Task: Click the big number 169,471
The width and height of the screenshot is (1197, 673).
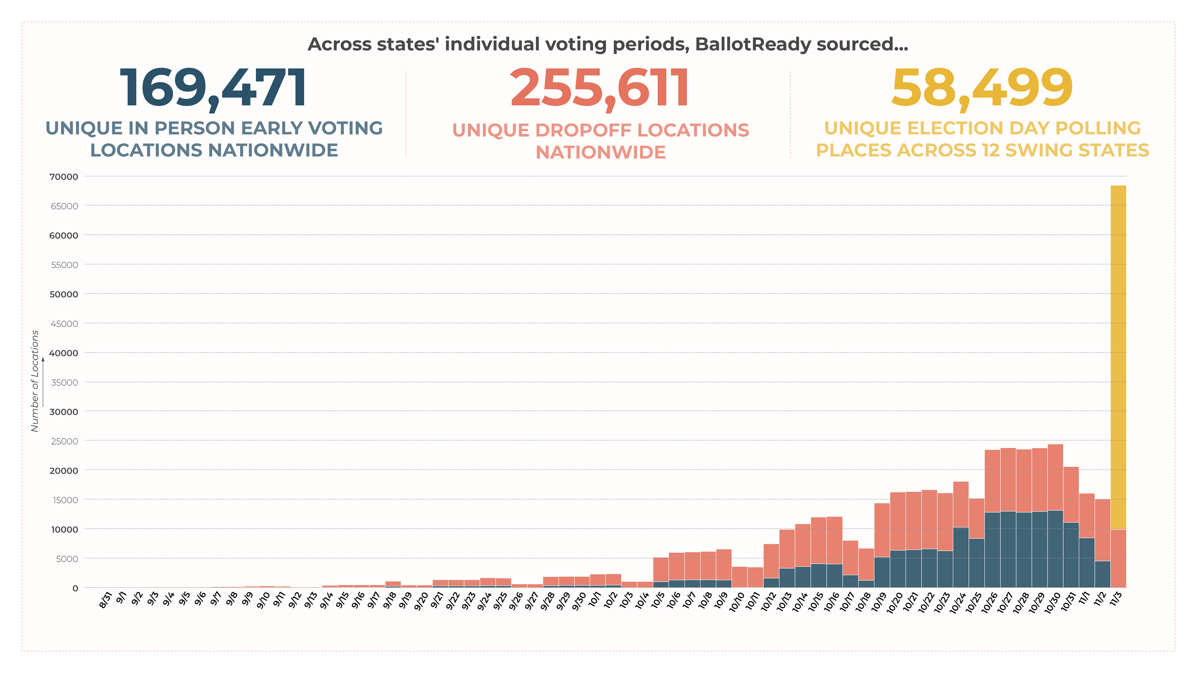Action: click(213, 88)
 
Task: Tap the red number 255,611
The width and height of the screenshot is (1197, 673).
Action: click(599, 88)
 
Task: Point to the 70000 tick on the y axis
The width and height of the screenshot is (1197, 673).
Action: click(64, 177)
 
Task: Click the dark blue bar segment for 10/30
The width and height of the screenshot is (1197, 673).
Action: click(1055, 548)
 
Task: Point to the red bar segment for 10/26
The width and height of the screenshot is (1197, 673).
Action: click(992, 481)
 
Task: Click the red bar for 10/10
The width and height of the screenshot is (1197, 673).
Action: click(739, 577)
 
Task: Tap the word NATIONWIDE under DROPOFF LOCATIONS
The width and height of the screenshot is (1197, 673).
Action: click(600, 152)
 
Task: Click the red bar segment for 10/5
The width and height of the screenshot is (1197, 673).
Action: click(661, 570)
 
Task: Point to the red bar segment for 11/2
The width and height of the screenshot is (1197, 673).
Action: click(1102, 530)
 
